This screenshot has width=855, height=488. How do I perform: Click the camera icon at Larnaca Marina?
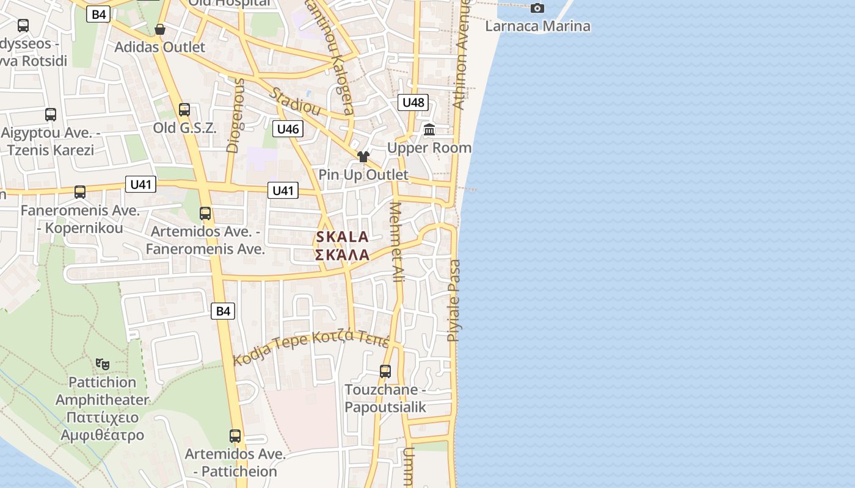pyautogui.click(x=537, y=8)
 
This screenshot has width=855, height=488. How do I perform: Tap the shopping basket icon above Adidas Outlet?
pyautogui.click(x=160, y=29)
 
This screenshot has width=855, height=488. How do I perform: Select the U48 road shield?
pyautogui.click(x=413, y=102)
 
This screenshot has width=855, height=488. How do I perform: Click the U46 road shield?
pyautogui.click(x=288, y=129)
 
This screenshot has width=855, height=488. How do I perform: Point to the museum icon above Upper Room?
pyautogui.click(x=429, y=130)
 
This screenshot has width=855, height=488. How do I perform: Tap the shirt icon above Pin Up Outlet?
pyautogui.click(x=363, y=157)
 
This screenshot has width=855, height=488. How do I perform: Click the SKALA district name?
pyautogui.click(x=343, y=237)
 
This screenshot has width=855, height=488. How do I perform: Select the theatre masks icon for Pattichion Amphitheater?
pyautogui.click(x=103, y=364)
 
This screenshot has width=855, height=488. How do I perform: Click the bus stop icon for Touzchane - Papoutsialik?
pyautogui.click(x=385, y=371)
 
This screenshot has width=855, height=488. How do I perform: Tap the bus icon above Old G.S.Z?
pyautogui.click(x=184, y=110)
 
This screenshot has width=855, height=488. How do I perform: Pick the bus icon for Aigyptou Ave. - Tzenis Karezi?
pyautogui.click(x=51, y=114)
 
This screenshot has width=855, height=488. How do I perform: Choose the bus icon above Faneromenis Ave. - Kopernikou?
pyautogui.click(x=80, y=192)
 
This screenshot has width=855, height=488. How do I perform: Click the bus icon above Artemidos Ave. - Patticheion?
pyautogui.click(x=235, y=436)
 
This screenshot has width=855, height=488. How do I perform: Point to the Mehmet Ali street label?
pyautogui.click(x=397, y=242)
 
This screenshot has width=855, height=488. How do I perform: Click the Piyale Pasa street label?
pyautogui.click(x=454, y=300)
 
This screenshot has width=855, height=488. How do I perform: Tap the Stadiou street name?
pyautogui.click(x=295, y=102)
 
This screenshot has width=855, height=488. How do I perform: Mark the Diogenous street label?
pyautogui.click(x=235, y=115)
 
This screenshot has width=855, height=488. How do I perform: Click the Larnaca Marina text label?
pyautogui.click(x=537, y=26)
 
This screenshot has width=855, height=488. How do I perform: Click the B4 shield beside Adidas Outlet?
pyautogui.click(x=98, y=14)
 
